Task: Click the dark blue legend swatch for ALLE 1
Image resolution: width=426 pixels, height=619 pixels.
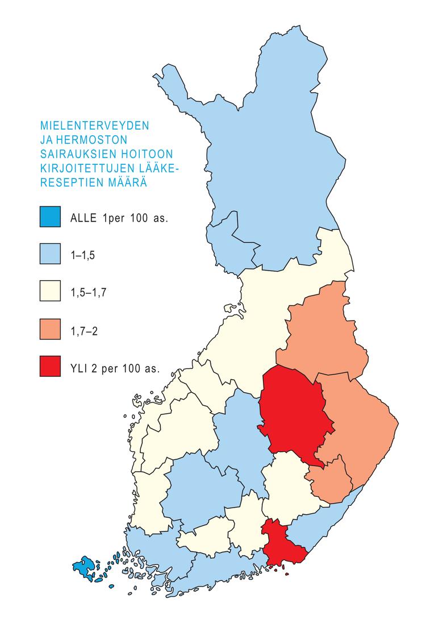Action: tap(51, 217)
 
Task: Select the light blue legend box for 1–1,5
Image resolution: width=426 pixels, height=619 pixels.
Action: tap(51, 254)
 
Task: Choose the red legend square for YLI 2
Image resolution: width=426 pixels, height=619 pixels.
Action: tap(51, 366)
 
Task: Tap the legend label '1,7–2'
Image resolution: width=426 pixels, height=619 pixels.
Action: tap(83, 330)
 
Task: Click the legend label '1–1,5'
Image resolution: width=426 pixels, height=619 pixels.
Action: tap(82, 255)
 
